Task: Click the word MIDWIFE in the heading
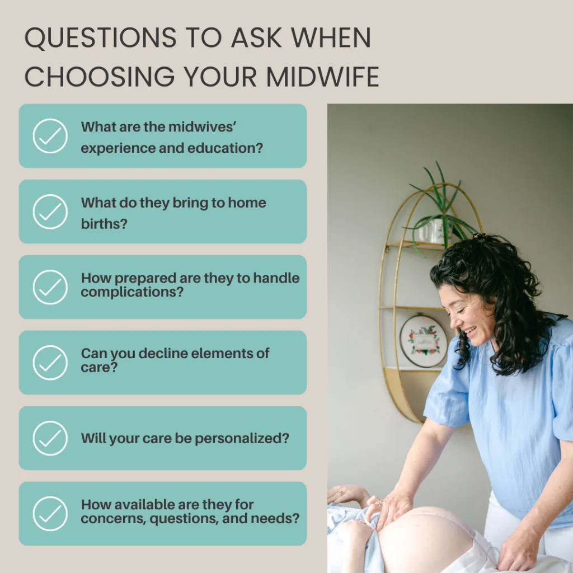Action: [x=322, y=77]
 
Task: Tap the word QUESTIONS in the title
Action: [x=101, y=37]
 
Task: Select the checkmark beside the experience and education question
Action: [x=50, y=136]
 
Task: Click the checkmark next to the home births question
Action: [x=50, y=212]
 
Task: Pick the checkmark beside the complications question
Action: [x=50, y=287]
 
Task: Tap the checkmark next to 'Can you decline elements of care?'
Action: [x=50, y=363]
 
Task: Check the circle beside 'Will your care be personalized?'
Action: [x=50, y=438]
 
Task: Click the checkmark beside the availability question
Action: [x=50, y=514]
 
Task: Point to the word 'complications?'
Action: [x=132, y=292]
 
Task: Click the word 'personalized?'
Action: [x=242, y=439]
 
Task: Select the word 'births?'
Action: [x=104, y=224]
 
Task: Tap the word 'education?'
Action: [x=225, y=148]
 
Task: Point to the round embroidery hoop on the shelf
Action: [x=423, y=341]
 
